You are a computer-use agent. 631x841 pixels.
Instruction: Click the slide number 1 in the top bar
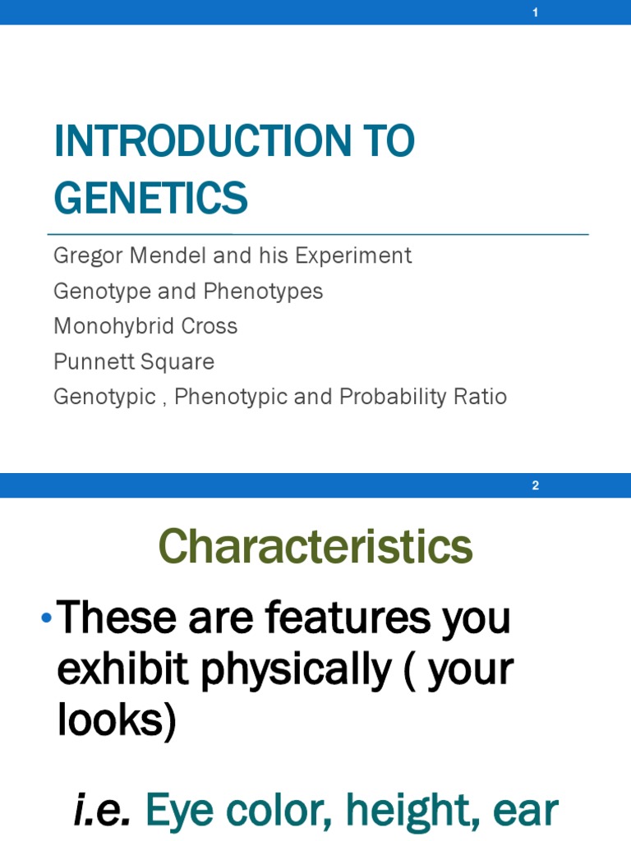pos(535,13)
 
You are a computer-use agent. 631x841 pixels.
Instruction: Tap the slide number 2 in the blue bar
pos(535,485)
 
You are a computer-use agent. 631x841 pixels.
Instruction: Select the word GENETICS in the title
pos(150,198)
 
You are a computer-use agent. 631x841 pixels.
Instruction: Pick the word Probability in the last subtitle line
pos(380,397)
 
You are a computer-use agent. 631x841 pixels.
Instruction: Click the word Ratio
pos(482,397)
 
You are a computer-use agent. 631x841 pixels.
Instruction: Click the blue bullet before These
pos(46,618)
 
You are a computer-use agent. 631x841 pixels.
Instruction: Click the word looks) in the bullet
pos(117,721)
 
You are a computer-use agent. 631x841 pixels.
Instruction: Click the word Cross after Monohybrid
pos(212,326)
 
